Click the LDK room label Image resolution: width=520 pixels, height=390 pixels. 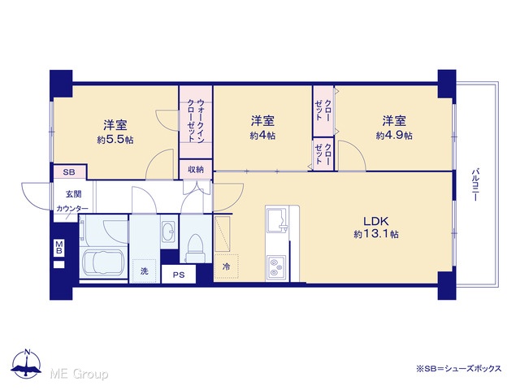point(375,221)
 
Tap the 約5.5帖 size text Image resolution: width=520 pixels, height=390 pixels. point(115,140)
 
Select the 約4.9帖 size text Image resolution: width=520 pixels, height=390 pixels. point(394,136)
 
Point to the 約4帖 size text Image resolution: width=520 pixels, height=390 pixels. point(262,136)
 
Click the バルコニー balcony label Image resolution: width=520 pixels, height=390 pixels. point(474,184)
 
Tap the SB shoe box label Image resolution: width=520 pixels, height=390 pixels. point(69,172)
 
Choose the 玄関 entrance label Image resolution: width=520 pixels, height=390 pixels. point(73,194)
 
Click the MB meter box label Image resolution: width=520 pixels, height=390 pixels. point(59,247)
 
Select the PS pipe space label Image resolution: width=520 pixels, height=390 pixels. point(179,275)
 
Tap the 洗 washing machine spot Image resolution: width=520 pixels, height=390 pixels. point(144,271)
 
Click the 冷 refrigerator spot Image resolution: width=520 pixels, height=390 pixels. point(226,266)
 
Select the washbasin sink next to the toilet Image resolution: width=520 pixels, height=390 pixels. point(169,229)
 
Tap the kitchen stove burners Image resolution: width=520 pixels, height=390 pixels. point(276,267)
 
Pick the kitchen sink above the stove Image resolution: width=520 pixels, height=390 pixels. point(277,219)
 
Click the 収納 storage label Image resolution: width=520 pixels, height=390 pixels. point(196,170)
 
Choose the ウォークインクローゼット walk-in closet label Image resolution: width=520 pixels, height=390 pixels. point(196,121)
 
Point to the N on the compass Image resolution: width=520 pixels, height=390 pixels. point(28,352)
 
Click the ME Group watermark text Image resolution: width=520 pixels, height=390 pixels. point(79,374)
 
